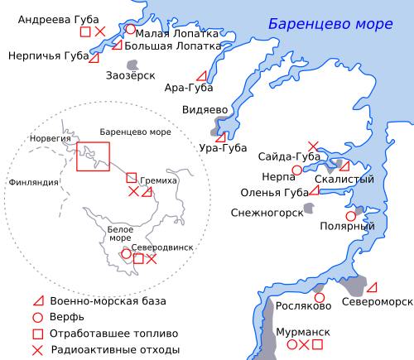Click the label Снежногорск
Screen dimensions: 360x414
265,211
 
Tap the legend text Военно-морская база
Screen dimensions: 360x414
108,300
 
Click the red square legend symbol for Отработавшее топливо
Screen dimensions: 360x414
36,334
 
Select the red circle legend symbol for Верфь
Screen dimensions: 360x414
36,317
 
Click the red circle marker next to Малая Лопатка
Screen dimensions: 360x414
130,29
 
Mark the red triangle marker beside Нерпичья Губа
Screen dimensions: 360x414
94,58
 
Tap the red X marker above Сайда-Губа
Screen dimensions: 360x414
312,145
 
